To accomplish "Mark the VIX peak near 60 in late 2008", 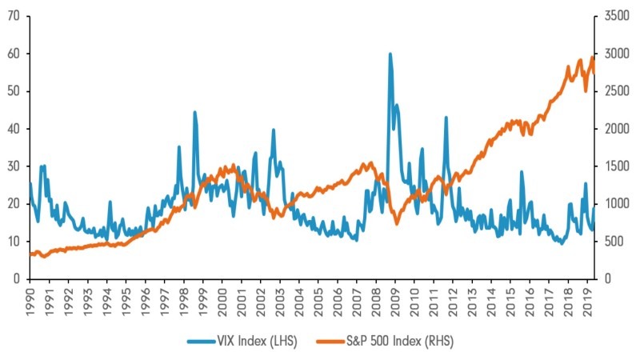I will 390,54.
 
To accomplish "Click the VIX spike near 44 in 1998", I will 194,112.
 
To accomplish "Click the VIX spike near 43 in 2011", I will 446,118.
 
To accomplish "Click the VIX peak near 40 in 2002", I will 274,130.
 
